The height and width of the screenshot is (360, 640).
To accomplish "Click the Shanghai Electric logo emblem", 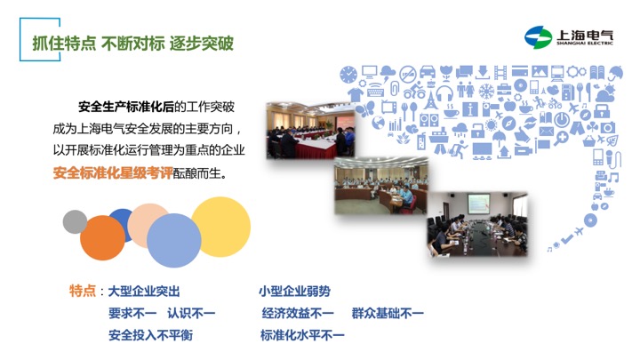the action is click(x=538, y=37).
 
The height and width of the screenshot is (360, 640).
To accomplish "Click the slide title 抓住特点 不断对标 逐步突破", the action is click(x=133, y=43).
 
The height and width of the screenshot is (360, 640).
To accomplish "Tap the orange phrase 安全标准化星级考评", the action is click(x=113, y=173).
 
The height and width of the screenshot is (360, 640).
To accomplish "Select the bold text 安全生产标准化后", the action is click(x=126, y=107).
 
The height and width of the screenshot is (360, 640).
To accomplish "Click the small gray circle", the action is click(x=75, y=221).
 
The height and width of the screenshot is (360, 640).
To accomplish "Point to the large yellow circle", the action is click(x=220, y=227).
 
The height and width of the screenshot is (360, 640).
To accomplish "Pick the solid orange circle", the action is click(x=102, y=238).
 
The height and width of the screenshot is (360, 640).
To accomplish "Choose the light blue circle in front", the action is click(x=174, y=240).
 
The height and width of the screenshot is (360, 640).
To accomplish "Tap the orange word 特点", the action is click(x=83, y=291).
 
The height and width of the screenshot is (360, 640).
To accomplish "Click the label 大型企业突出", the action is click(x=144, y=292).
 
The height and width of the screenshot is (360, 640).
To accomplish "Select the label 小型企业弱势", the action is click(x=294, y=292).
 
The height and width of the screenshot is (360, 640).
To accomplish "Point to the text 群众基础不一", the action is click(x=388, y=314).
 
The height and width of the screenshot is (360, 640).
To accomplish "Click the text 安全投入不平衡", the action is click(x=150, y=335).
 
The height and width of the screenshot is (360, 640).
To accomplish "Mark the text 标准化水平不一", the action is click(x=302, y=335).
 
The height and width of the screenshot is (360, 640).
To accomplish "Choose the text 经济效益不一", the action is click(x=298, y=314).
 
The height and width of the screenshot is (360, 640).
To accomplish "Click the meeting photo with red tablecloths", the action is click(x=310, y=131).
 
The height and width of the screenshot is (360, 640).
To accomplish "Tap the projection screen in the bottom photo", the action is click(x=478, y=204).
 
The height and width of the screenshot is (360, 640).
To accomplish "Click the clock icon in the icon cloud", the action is click(x=348, y=75).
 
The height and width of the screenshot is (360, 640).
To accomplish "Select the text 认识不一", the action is click(x=191, y=314).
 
